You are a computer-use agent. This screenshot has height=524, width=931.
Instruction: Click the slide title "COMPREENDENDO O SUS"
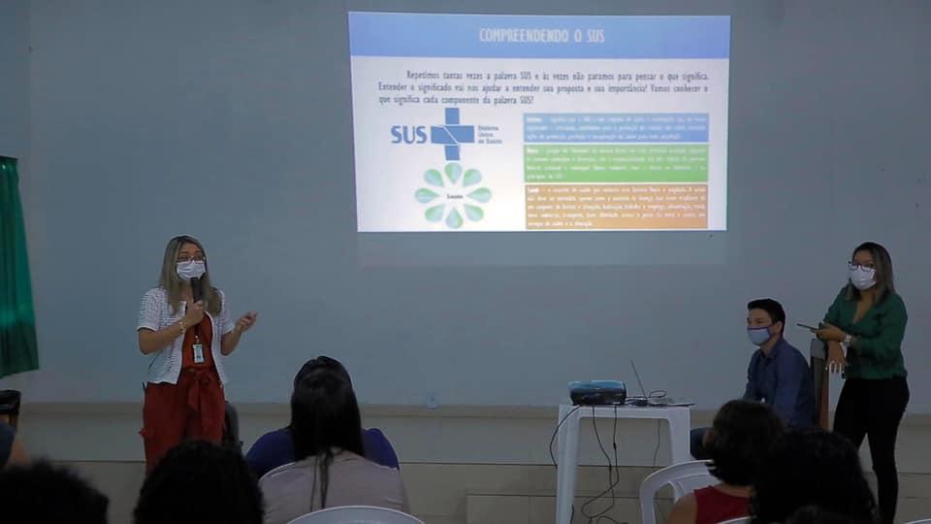tap(541, 36)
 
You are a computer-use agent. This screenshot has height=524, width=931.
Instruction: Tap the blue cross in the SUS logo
tap(451, 133)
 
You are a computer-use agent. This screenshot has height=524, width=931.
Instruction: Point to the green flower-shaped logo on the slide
tap(453, 195)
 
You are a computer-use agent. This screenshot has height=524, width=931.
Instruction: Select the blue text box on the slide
tap(616, 127)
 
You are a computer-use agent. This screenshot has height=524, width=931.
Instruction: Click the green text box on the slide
tap(616, 163)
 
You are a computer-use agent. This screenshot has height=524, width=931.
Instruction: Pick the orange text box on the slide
tap(616, 206)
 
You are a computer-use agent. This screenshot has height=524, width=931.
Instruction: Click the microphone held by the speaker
tap(196, 288)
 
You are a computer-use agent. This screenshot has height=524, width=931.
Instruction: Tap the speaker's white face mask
tap(190, 269)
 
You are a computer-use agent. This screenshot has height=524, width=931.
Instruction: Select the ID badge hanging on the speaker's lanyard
tap(198, 352)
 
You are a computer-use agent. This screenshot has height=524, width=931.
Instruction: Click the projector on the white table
tap(596, 392)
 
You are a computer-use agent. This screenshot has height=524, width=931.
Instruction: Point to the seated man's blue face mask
tap(759, 335)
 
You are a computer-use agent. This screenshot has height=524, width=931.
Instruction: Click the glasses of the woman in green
tap(860, 266)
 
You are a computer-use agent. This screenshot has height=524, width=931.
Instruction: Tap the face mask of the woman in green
tap(862, 278)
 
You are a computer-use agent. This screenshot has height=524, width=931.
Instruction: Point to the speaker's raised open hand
tap(245, 320)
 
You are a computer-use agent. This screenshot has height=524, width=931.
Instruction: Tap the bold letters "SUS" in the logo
tap(408, 135)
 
